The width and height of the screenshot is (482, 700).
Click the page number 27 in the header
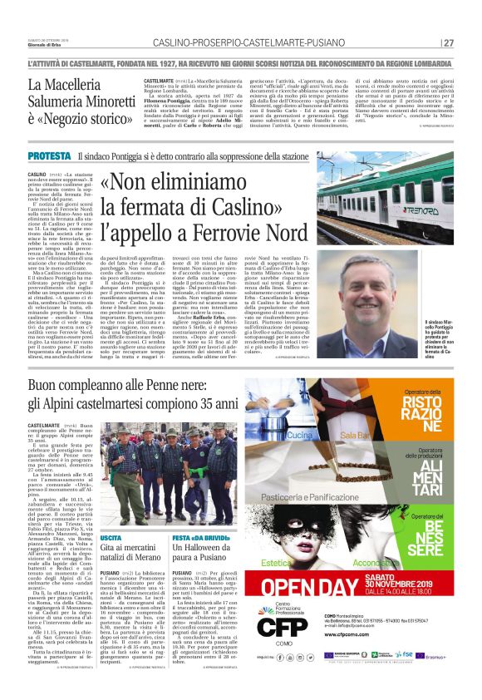[449, 42]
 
